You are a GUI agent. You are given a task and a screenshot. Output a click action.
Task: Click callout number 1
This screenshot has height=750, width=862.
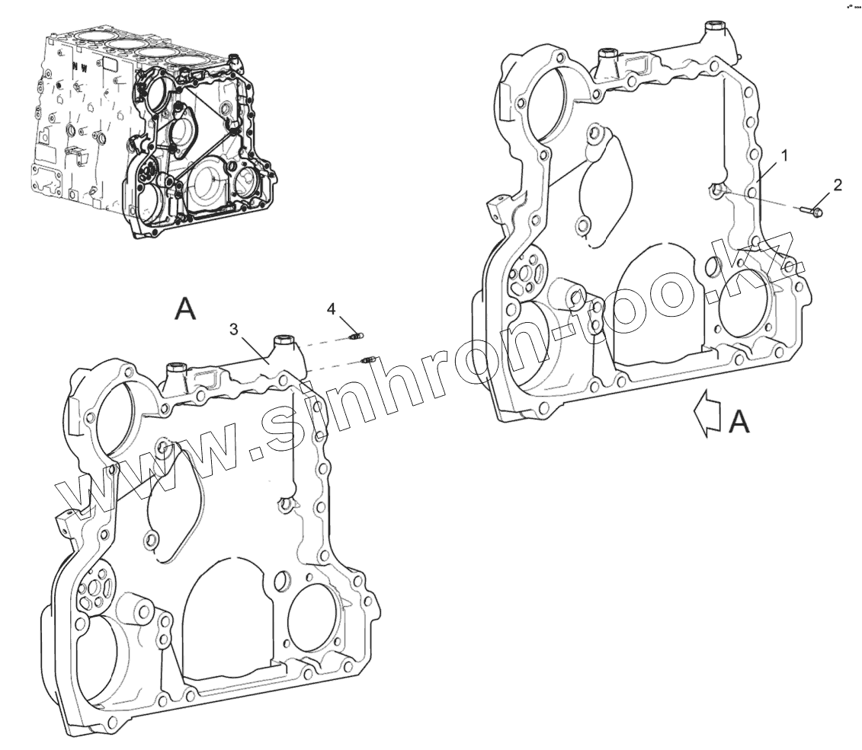[x=783, y=155]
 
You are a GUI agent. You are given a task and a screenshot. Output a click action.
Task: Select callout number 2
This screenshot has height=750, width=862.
[x=837, y=185]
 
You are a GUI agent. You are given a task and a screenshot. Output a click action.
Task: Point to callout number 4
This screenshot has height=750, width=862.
[x=331, y=308]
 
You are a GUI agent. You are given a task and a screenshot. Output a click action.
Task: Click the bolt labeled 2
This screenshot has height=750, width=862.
[x=813, y=208]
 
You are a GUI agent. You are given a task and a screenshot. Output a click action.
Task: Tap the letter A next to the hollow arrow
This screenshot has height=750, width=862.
[x=739, y=420]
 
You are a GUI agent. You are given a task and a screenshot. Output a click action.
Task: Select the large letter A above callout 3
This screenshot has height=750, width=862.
[x=186, y=308]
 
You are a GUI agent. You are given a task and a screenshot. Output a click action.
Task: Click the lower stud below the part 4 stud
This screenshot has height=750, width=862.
[x=367, y=359]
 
